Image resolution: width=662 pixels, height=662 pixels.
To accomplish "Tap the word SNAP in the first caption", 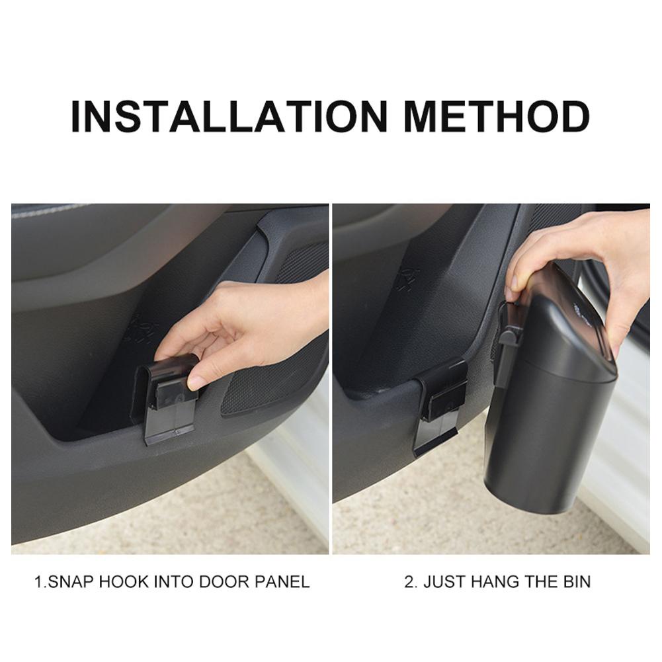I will click(70, 582).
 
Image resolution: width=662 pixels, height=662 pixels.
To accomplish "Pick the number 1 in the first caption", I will click(38, 582).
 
